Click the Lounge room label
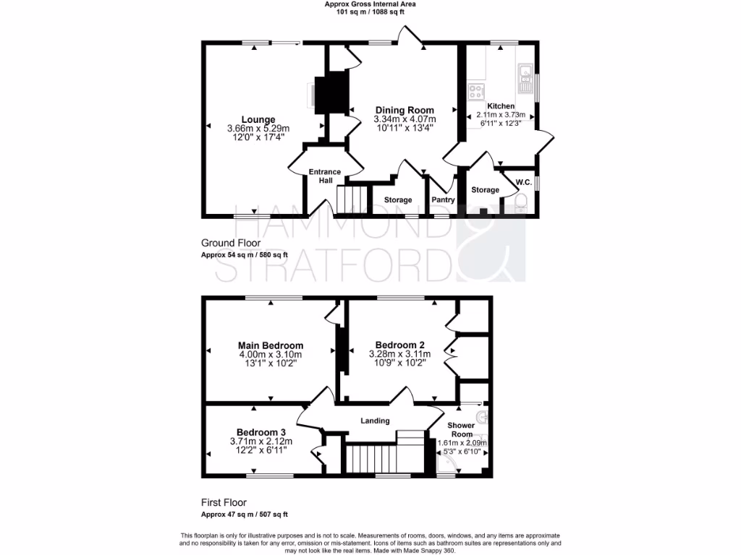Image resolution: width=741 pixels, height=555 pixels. [x=258, y=119]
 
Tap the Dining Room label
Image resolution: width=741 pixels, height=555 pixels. [x=405, y=110]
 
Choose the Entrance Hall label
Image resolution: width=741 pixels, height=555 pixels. [x=324, y=176]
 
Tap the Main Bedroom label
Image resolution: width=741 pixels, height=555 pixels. [x=271, y=345]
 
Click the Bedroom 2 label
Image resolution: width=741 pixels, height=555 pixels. [x=399, y=345]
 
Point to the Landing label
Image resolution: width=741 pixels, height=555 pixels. [x=375, y=421]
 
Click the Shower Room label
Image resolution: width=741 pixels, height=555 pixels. [x=461, y=430]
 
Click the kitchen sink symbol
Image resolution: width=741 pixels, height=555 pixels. [x=525, y=72]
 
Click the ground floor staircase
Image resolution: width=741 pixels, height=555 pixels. [x=349, y=199]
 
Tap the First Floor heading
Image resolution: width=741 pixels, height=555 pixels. [x=224, y=502]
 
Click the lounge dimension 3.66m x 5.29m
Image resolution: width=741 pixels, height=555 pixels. [x=258, y=129]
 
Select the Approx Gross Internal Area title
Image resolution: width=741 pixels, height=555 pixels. [x=370, y=4]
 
